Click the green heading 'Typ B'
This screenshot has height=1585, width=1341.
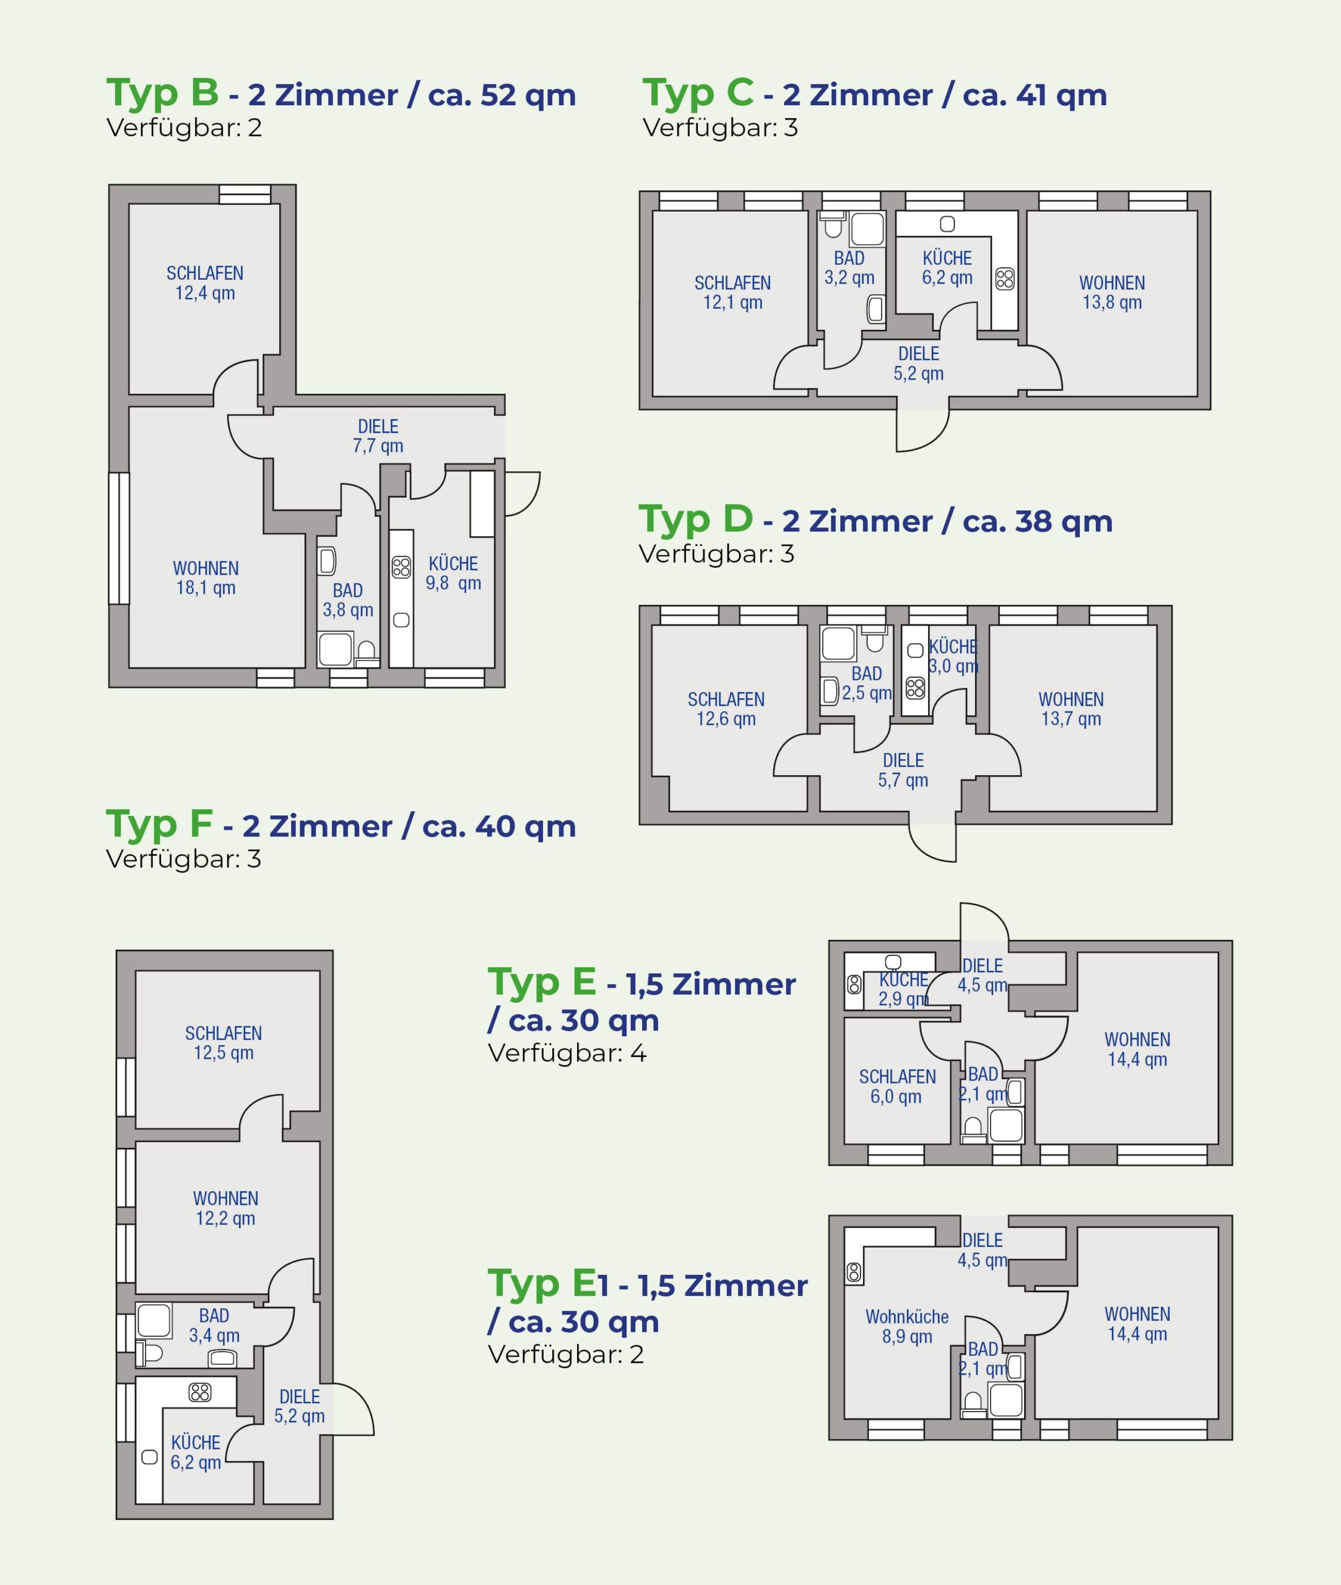click(x=162, y=93)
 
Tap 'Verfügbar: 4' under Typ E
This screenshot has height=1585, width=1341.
click(x=566, y=1053)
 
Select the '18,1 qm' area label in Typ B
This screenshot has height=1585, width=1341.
click(x=206, y=588)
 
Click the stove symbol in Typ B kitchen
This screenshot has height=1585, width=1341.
click(x=401, y=567)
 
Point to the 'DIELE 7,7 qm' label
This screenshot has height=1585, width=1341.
click(x=378, y=436)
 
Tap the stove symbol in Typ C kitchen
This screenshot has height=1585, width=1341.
click(x=1004, y=279)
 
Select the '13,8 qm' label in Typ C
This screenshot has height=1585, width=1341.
click(x=1112, y=303)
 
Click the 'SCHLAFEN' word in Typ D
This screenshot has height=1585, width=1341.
click(x=726, y=700)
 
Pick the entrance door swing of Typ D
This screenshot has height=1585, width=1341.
click(x=933, y=842)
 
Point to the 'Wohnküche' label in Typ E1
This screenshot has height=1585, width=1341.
click(x=907, y=1317)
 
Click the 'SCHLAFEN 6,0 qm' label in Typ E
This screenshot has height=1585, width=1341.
click(x=897, y=1087)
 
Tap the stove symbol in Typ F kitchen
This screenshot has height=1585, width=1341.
click(x=200, y=1392)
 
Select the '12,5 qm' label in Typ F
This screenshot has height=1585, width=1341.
click(x=223, y=1053)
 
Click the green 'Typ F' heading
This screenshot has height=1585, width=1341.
click(x=159, y=824)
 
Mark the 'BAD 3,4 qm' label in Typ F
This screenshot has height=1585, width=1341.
click(x=214, y=1325)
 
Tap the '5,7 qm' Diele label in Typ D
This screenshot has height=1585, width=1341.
click(x=903, y=780)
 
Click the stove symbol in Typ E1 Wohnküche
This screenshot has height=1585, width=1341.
click(x=854, y=1272)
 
